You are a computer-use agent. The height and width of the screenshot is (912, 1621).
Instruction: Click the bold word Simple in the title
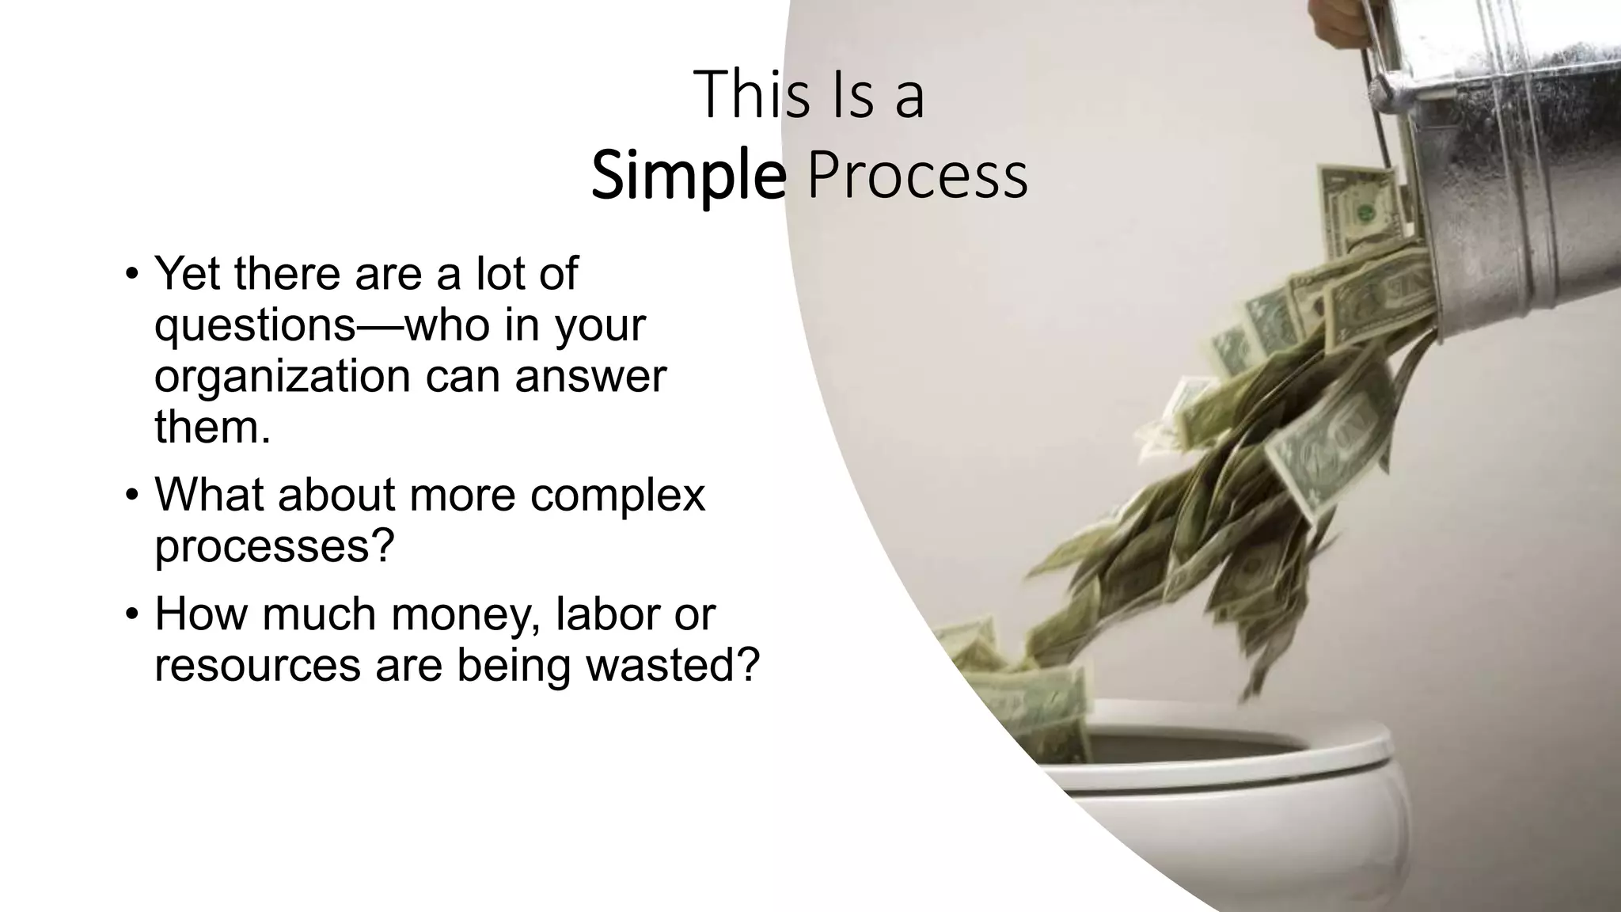point(688,176)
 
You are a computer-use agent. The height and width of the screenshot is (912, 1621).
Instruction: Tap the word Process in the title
point(917,176)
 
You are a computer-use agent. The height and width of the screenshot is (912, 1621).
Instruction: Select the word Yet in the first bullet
point(187,273)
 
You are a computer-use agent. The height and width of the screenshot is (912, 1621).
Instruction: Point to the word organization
point(282,377)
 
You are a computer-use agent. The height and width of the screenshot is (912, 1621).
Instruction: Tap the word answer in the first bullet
point(590,377)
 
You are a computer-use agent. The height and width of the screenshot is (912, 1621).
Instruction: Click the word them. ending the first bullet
point(212,427)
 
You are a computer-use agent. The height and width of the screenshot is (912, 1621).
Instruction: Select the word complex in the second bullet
point(617,496)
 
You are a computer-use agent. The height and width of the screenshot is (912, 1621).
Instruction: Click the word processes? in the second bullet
point(274,546)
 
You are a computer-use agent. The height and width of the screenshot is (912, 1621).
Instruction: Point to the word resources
point(257,665)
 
